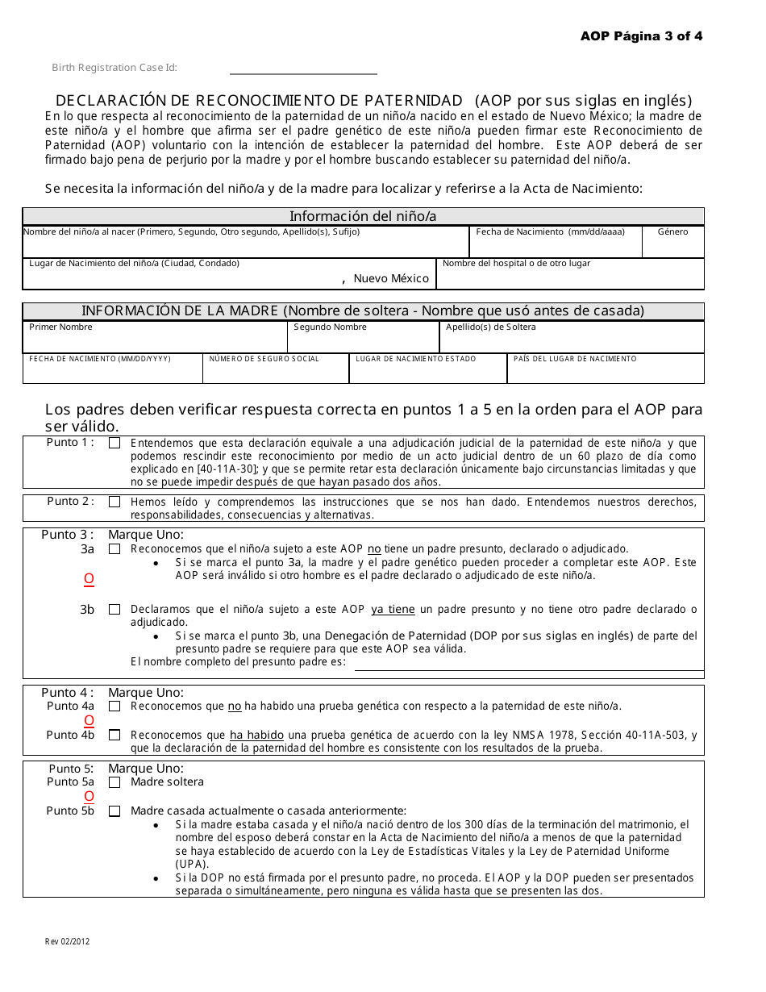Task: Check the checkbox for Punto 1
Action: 114,443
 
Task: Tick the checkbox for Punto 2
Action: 114,502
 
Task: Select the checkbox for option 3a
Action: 114,549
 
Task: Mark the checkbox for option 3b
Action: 114,610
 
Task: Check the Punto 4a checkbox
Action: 114,706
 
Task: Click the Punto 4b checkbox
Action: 114,735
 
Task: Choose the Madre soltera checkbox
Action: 114,782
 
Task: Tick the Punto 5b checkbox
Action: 114,811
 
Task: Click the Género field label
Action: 672,232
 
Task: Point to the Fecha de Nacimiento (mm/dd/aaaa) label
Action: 550,232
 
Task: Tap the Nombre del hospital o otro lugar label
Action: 516,264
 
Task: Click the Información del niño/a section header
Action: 363,216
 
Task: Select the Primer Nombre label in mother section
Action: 60,327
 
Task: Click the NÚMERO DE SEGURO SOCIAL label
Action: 264,359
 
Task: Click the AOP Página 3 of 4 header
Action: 641,36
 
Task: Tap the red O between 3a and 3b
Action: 89,579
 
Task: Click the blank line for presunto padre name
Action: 528,665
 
